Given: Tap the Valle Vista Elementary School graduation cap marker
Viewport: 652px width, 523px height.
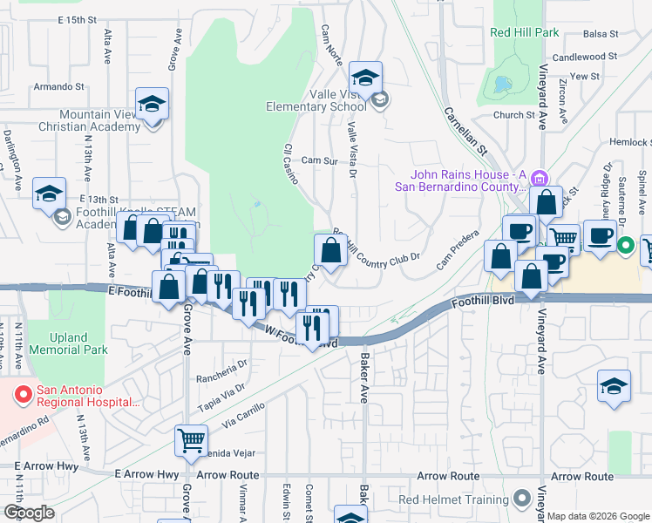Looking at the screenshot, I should (366, 78).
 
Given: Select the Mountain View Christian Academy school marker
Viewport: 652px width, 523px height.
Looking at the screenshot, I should (153, 105).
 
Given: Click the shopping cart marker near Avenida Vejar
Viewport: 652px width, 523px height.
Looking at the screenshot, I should (191, 439).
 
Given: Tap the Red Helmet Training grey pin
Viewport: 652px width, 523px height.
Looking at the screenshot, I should (522, 499).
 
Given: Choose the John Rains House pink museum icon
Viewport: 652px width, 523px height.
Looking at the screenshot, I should (540, 179).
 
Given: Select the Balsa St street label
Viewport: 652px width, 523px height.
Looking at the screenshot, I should (601, 34).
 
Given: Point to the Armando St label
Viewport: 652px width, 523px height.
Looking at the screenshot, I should (58, 87).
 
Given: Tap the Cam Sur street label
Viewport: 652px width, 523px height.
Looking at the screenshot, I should (318, 161).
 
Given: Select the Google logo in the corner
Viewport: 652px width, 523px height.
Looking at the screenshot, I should (29, 513).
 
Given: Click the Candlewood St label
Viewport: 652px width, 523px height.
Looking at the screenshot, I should (585, 57).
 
